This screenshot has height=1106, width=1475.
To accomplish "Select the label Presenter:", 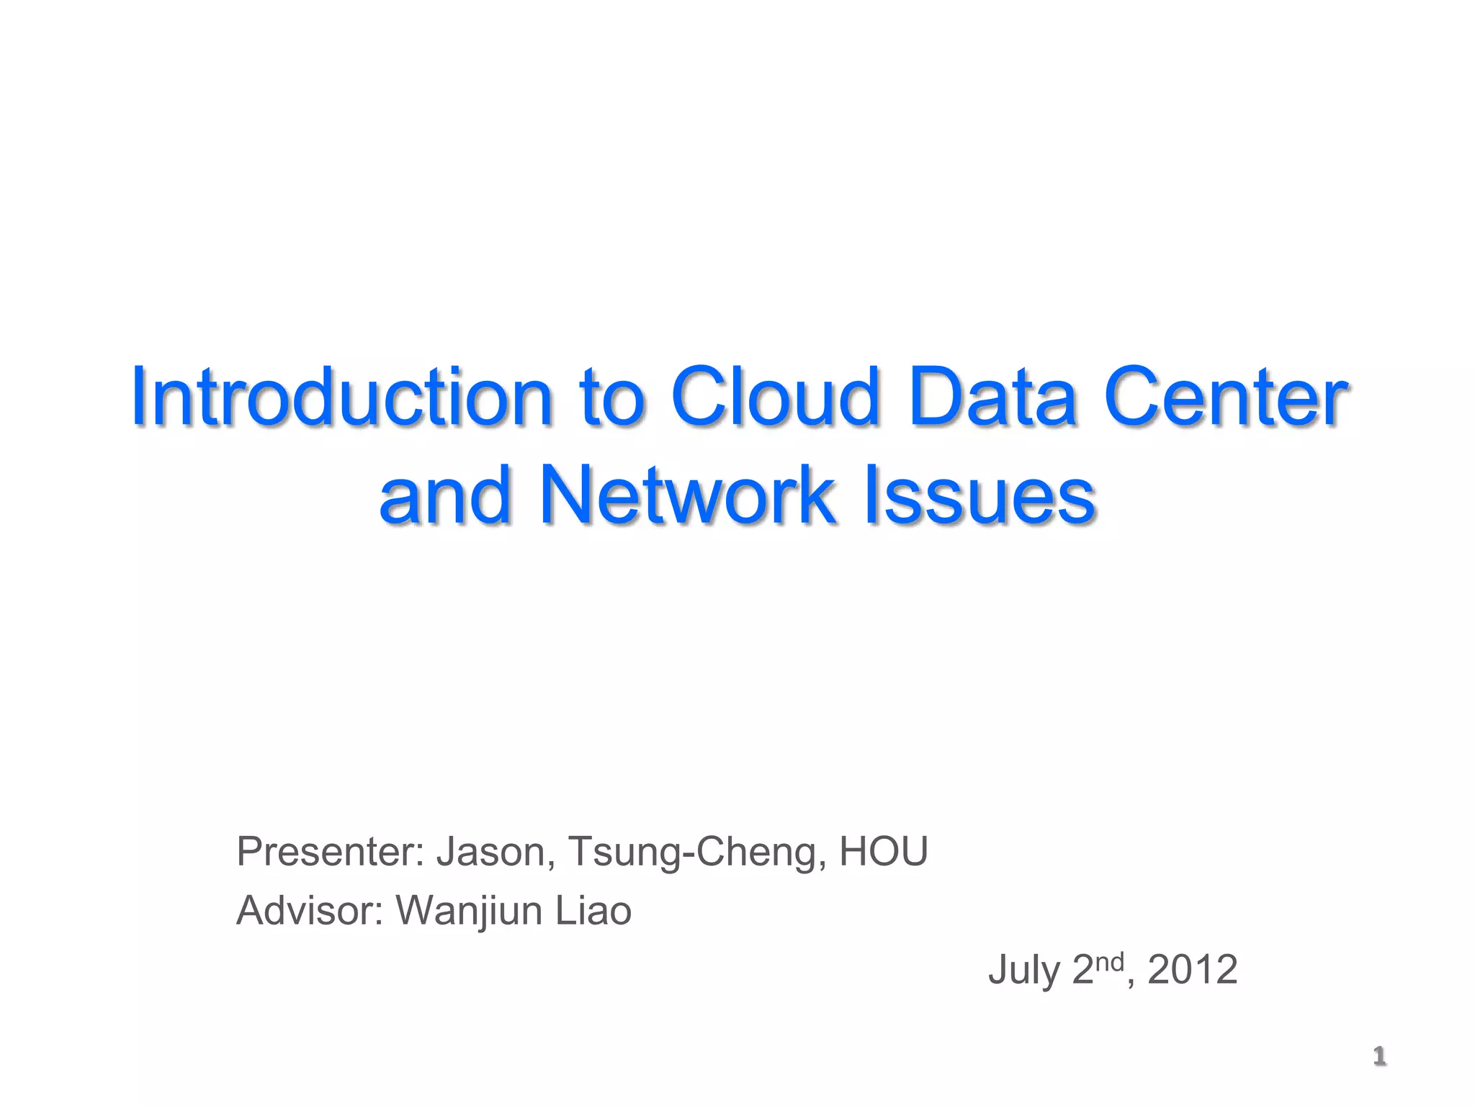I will pos(330,852).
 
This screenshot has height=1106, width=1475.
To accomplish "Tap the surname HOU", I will pos(884,852).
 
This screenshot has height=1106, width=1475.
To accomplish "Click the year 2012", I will pos(1193,970).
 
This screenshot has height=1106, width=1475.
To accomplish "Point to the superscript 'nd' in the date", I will pos(1110,962).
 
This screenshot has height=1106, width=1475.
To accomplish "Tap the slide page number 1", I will pos(1379,1056).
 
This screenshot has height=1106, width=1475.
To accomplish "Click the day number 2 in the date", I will pos(1082,970).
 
